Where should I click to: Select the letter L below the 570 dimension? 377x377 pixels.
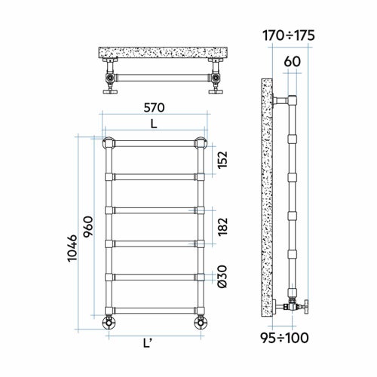pyautogui.click(x=154, y=124)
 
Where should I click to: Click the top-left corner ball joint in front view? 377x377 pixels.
pyautogui.click(x=108, y=141)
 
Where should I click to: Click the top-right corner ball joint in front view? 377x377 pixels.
pyautogui.click(x=201, y=141)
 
